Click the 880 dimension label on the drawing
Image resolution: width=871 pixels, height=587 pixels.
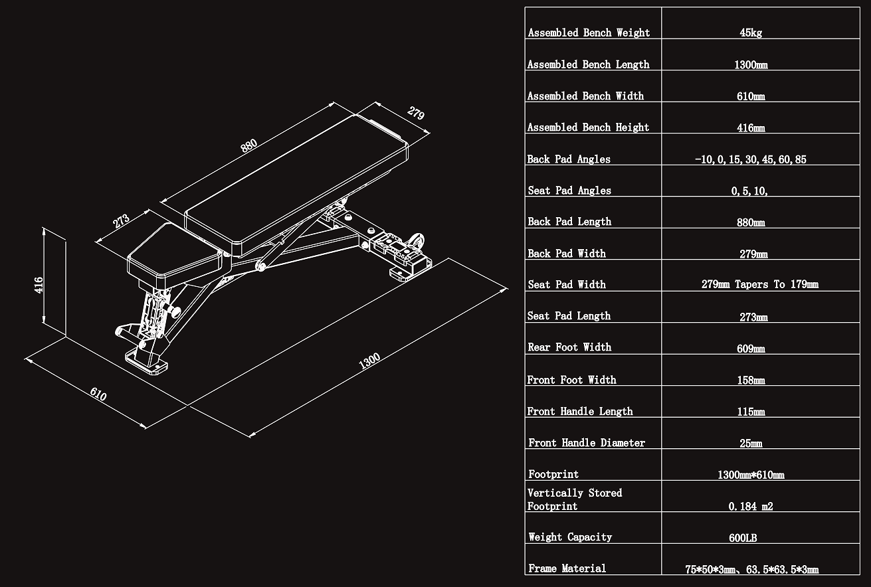[249, 146]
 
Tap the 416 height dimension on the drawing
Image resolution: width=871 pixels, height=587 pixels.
[39, 285]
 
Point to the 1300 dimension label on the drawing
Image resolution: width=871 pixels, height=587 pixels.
[369, 362]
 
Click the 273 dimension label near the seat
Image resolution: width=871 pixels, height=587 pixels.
[121, 221]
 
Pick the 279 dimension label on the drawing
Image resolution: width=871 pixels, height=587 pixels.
[416, 113]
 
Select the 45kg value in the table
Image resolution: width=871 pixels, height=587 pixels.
[751, 33]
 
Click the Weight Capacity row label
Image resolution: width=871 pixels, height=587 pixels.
[570, 537]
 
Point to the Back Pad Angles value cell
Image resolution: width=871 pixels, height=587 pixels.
[751, 160]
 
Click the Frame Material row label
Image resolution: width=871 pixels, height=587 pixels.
[567, 568]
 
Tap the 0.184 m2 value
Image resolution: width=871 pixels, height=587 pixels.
[751, 507]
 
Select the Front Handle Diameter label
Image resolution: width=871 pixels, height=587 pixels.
[587, 443]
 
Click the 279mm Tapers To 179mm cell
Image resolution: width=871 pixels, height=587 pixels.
[760, 285]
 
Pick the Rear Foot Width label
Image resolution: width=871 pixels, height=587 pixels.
[569, 347]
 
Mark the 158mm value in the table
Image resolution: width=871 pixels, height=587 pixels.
[751, 380]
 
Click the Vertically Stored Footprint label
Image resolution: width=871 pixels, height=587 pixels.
[575, 499]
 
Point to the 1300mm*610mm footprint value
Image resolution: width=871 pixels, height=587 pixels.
[751, 475]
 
